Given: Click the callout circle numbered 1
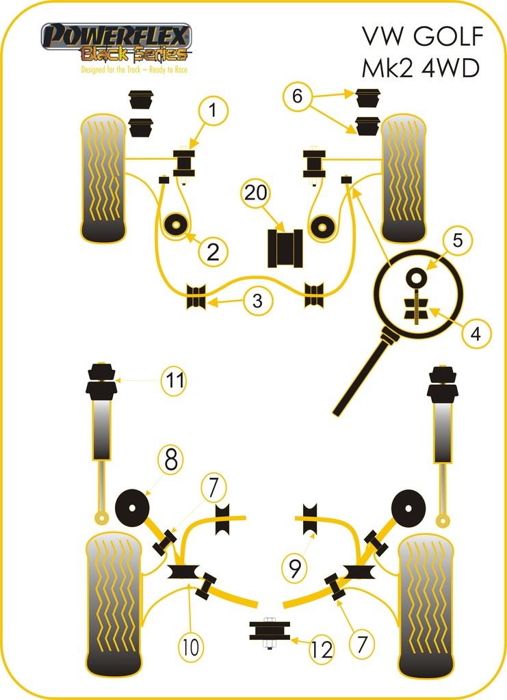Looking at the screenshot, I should (213, 109).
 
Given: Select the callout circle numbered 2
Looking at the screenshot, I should (213, 252).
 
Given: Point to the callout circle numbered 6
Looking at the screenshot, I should (296, 96).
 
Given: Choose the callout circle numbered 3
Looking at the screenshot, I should (257, 301).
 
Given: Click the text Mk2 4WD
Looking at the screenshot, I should (421, 69).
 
